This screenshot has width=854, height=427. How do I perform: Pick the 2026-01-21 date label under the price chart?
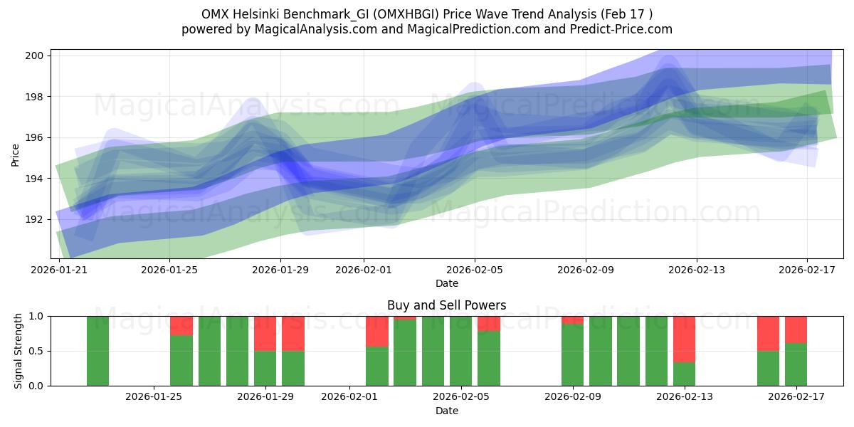pyautogui.click(x=59, y=270)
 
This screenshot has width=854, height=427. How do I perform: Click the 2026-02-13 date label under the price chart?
pyautogui.click(x=697, y=270)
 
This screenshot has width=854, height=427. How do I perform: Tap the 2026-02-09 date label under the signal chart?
pyautogui.click(x=572, y=397)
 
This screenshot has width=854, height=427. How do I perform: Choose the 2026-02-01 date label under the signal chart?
pyautogui.click(x=349, y=397)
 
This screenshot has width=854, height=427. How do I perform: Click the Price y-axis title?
pyautogui.click(x=16, y=154)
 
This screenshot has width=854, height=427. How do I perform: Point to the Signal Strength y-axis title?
pyautogui.click(x=19, y=351)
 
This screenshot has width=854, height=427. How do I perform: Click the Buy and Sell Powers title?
pyautogui.click(x=446, y=305)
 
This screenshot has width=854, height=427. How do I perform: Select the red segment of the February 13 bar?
pyautogui.click(x=684, y=339)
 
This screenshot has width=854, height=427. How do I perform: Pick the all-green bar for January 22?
pyautogui.click(x=97, y=351)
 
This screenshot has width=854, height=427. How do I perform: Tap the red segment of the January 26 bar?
pyautogui.click(x=181, y=325)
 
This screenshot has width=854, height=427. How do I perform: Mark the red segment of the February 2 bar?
pyautogui.click(x=377, y=331)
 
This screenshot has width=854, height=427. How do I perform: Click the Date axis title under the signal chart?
pyautogui.click(x=446, y=411)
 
